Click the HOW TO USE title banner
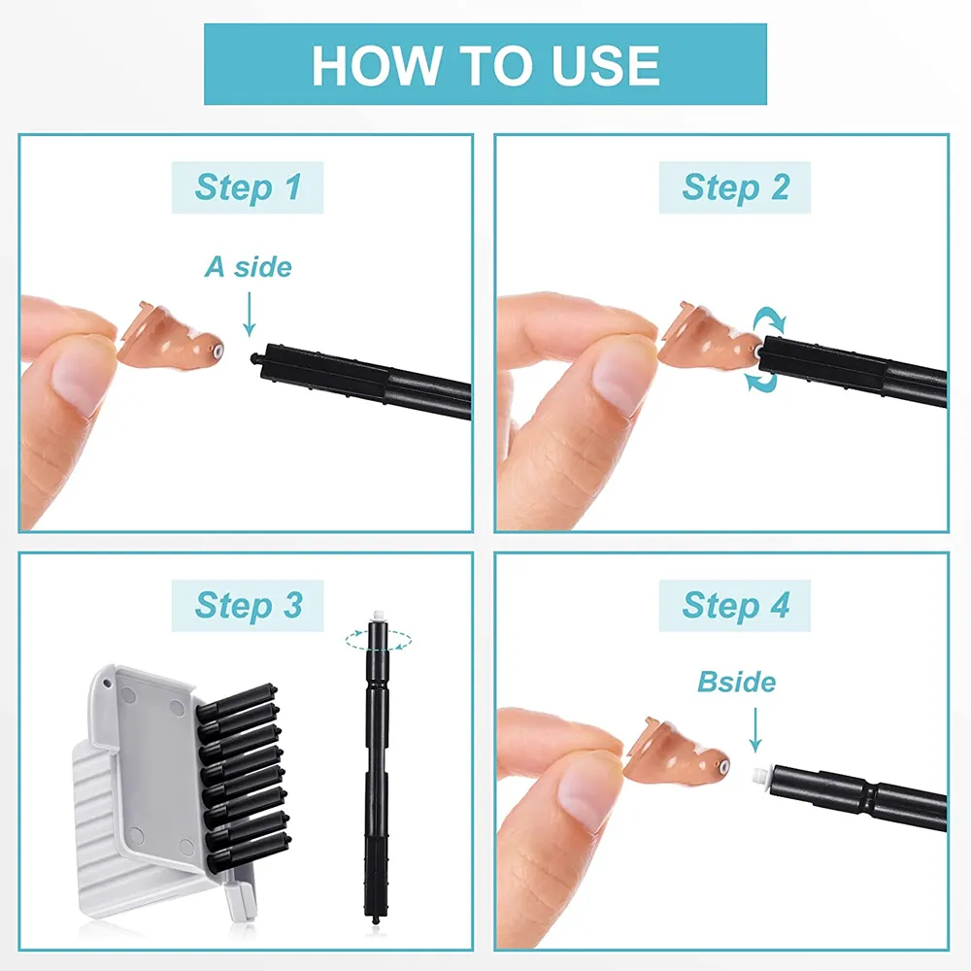click(x=485, y=64)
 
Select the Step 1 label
click(x=248, y=186)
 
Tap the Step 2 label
click(x=735, y=186)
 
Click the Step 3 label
click(x=248, y=605)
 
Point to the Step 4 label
click(x=735, y=605)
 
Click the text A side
click(x=248, y=267)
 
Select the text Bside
click(x=736, y=682)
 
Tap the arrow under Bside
click(x=755, y=730)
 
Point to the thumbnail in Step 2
click(x=621, y=374)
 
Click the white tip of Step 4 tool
click(x=761, y=776)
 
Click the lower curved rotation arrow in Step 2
click(x=761, y=381)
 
